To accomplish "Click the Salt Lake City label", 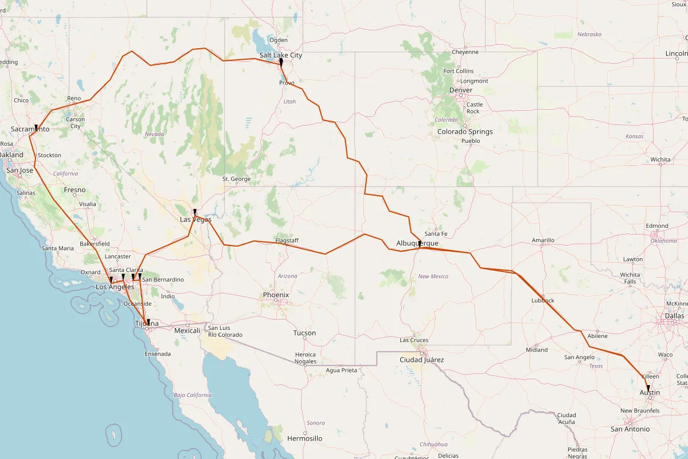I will point(280,55).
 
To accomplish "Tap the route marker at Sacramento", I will point(36,127).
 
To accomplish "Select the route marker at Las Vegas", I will point(195,212).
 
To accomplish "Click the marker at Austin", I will point(648,388).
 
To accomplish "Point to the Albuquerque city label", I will point(417,243).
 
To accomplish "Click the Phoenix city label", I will point(276,295).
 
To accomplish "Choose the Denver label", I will point(461,90).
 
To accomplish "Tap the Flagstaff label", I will point(287,240).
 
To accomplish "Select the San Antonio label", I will point(630,429).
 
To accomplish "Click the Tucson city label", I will point(304,333).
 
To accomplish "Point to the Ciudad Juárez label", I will point(422,360).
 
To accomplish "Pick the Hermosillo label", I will point(304,438).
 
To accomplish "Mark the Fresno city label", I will point(75,190).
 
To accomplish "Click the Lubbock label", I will point(543,301).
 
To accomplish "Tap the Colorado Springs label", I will point(465,131).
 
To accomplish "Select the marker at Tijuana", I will point(148,322).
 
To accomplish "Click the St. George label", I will point(237,179).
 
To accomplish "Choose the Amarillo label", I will point(543,240).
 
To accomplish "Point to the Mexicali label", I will point(187,331).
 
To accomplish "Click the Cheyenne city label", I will point(465,52).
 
